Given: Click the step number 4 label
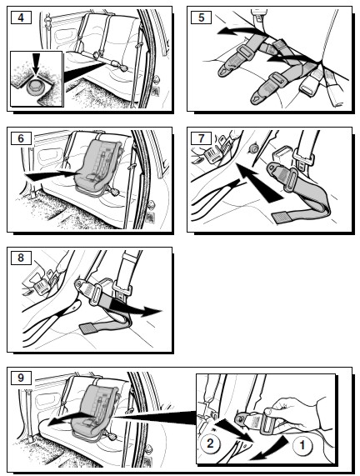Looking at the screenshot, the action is click(x=21, y=18).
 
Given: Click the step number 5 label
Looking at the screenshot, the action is click(x=201, y=18).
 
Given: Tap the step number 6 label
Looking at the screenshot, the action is click(x=21, y=138).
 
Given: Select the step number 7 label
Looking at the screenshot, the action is click(x=201, y=138).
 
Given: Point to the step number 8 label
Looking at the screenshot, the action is click(x=21, y=258).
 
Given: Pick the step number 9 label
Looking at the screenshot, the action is click(x=21, y=378).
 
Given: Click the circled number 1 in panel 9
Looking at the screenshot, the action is click(x=302, y=445).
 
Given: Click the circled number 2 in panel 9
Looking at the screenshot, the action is click(x=210, y=443).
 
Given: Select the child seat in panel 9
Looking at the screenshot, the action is click(x=95, y=410).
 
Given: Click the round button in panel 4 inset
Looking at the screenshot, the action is click(x=36, y=88).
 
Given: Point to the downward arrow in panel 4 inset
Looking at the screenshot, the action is click(x=36, y=63).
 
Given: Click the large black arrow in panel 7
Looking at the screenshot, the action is click(x=258, y=182).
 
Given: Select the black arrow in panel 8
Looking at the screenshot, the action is click(x=135, y=308).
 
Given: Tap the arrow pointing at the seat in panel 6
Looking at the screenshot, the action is click(x=52, y=175).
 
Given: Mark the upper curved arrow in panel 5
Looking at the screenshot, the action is click(x=240, y=31).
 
